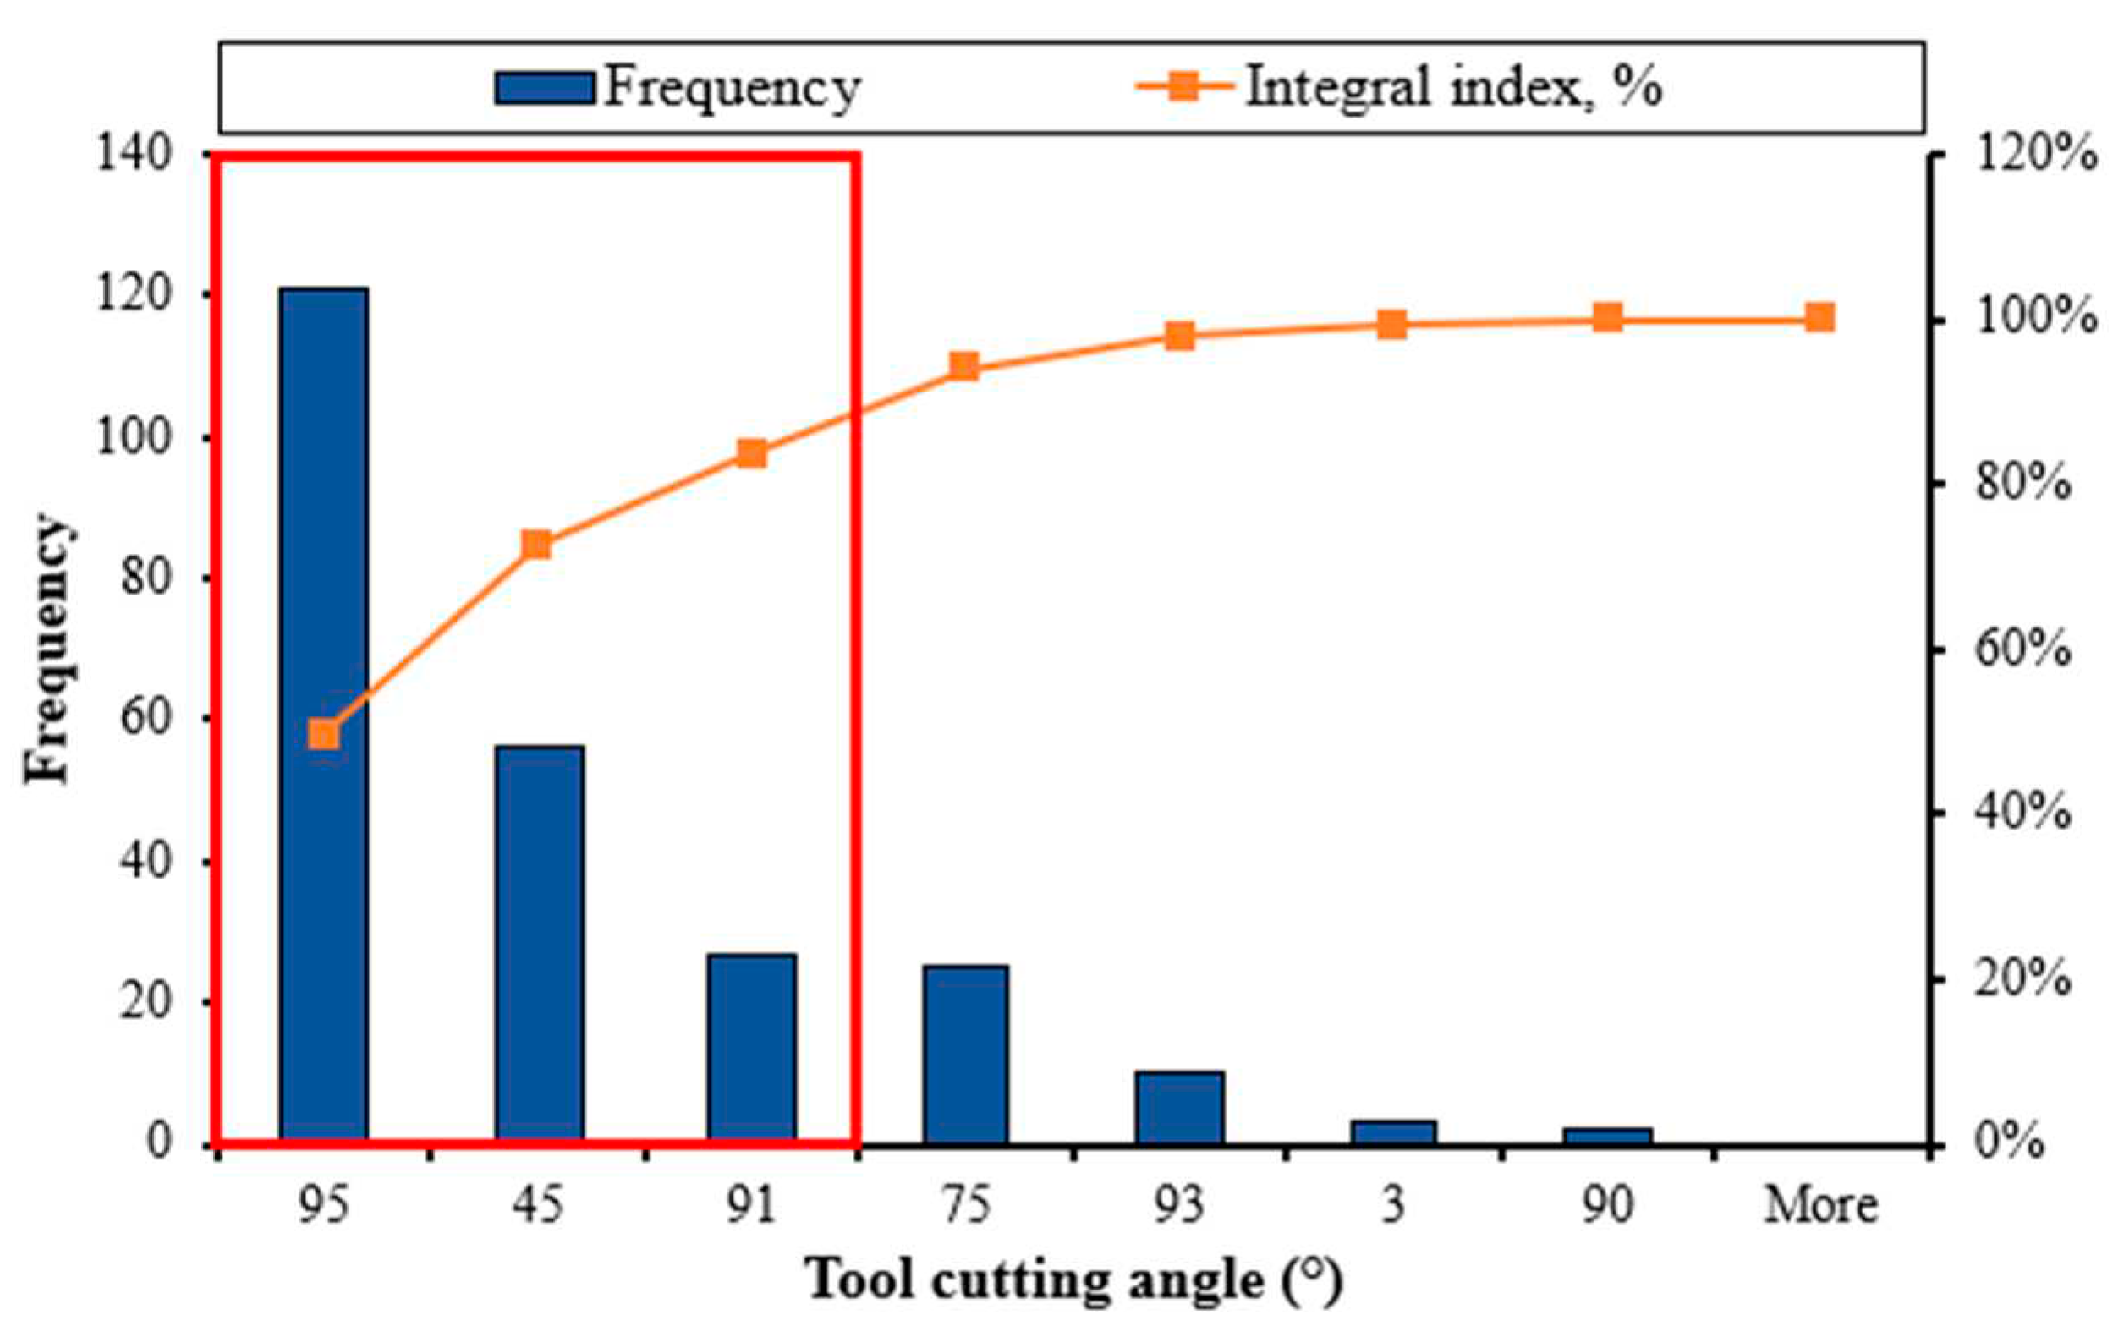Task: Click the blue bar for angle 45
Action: (x=539, y=944)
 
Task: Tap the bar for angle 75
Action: (x=965, y=1054)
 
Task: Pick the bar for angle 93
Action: (x=1179, y=1107)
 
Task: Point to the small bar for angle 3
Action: (x=1393, y=1132)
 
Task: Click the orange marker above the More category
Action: (x=1819, y=317)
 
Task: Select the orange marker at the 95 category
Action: (x=324, y=734)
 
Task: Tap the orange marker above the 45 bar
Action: (x=536, y=545)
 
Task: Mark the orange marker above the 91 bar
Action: (x=751, y=454)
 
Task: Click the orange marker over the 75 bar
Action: (x=964, y=366)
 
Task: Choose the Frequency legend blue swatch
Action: (x=543, y=88)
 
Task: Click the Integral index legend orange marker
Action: (x=1183, y=86)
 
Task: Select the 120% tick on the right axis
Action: (x=2034, y=155)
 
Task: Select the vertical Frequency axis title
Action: (x=46, y=649)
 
